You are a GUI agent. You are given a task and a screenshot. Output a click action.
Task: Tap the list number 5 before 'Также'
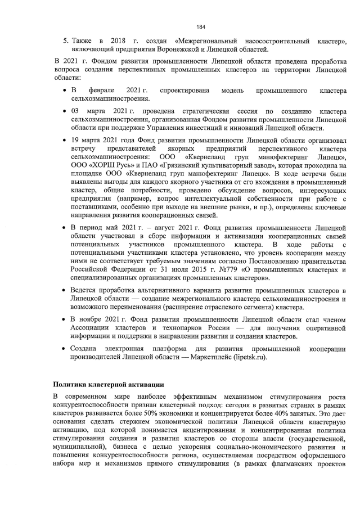tap(65, 41)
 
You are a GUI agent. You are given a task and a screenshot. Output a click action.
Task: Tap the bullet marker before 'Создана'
tap(65, 349)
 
